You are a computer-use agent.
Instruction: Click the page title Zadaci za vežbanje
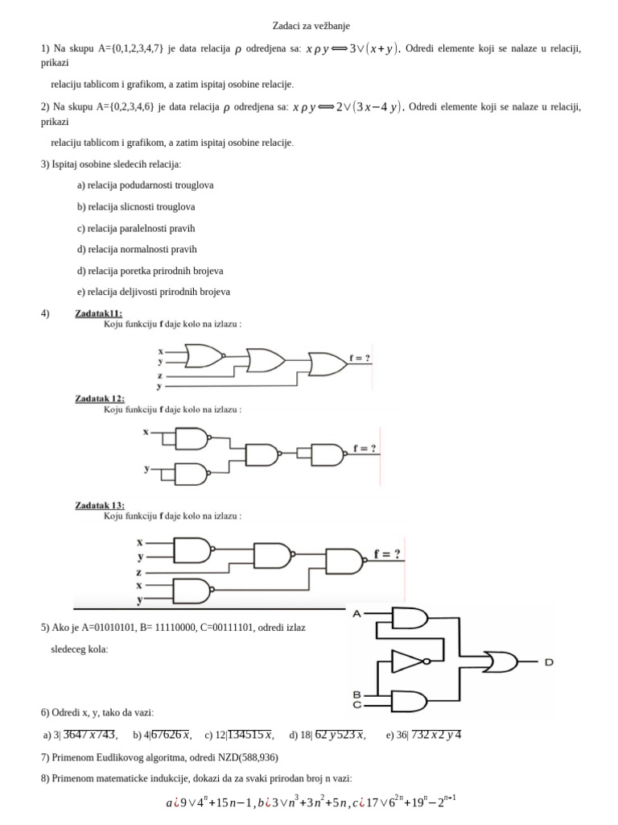click(x=310, y=26)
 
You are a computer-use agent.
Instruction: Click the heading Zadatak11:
click(x=99, y=313)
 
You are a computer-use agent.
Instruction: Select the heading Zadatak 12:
click(x=100, y=398)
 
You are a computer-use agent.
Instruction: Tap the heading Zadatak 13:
click(x=100, y=505)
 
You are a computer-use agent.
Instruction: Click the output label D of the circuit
click(x=549, y=662)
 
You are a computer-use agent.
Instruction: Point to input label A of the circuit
click(x=356, y=614)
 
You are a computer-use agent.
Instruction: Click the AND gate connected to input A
click(x=409, y=619)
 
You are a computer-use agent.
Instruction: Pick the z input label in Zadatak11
click(x=160, y=375)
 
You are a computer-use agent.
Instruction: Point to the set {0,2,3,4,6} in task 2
click(x=130, y=106)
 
